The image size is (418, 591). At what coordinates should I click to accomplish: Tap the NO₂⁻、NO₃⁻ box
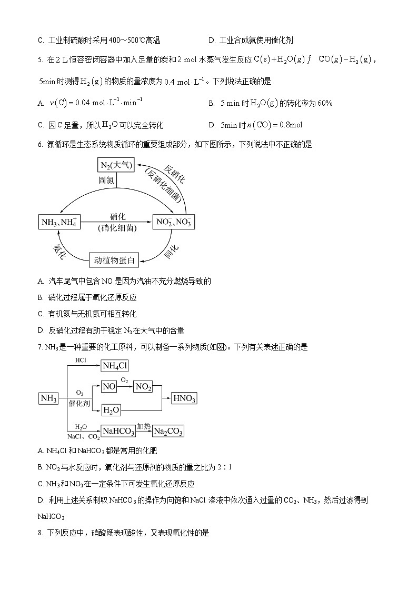[x=173, y=222]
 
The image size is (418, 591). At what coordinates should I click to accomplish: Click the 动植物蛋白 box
[x=114, y=259]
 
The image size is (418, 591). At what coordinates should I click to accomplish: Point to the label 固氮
[x=106, y=180]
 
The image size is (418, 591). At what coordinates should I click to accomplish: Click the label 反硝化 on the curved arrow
[x=174, y=174]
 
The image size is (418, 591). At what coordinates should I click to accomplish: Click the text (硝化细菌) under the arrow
[x=117, y=228]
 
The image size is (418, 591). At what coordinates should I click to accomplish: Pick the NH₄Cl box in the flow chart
[x=115, y=366]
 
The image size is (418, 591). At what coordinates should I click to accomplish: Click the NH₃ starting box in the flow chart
[x=49, y=398]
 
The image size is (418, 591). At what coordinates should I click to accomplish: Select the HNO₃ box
[x=184, y=398]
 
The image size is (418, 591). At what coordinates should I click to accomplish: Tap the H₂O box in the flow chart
[x=111, y=410]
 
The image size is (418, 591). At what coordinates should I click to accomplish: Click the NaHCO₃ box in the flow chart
[x=118, y=431]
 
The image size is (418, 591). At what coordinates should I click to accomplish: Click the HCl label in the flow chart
[x=81, y=360]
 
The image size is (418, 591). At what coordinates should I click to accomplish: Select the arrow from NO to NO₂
[x=125, y=387]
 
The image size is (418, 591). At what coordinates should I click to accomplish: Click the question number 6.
[x=40, y=145]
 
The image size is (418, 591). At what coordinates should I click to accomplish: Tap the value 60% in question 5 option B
[x=325, y=103]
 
